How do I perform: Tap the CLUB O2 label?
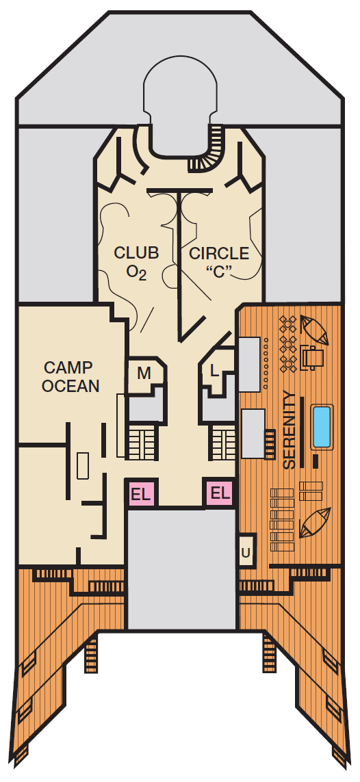[x=136, y=263]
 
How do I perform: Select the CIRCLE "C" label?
[x=219, y=262]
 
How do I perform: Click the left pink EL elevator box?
[x=141, y=494]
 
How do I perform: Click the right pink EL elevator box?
[x=220, y=493]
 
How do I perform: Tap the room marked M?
[x=145, y=374]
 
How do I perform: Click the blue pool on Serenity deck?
[x=322, y=426]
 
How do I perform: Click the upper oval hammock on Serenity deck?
[x=315, y=330]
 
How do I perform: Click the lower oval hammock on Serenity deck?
[x=315, y=522]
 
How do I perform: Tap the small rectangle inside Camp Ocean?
[x=83, y=466]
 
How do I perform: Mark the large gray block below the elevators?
[x=181, y=569]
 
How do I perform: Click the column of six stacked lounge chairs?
[x=281, y=520]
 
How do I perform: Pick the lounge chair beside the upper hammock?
[x=311, y=356]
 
